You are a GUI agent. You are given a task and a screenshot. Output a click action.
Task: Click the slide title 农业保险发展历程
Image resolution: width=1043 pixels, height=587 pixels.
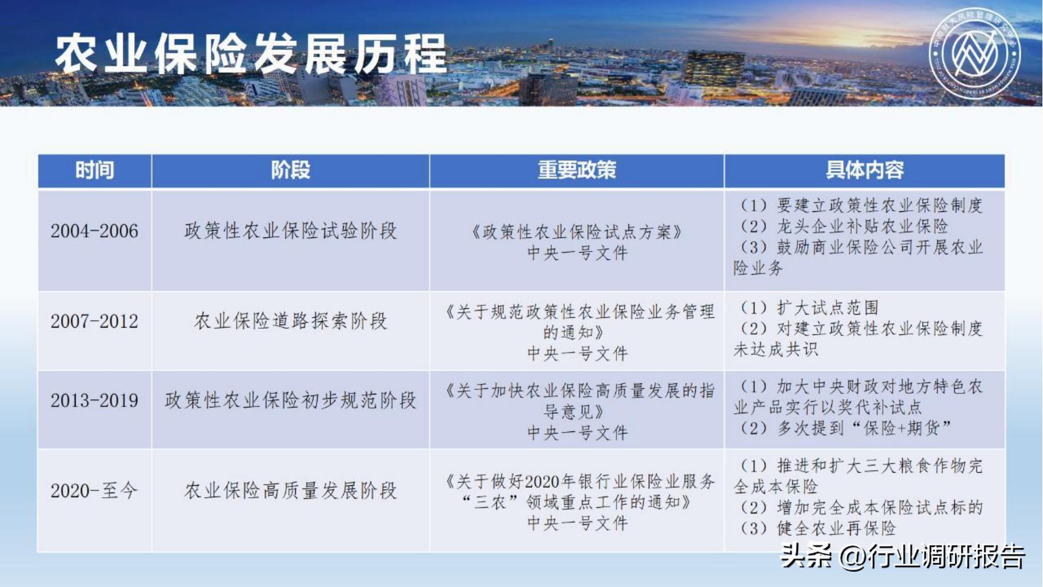pos(251,54)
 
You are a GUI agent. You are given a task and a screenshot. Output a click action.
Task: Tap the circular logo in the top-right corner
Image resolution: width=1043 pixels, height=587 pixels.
pos(974,53)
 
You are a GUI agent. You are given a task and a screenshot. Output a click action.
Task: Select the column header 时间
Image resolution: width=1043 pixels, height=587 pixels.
pos(94,171)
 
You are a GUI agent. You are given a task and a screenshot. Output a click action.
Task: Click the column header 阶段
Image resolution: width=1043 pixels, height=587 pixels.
pos(290,171)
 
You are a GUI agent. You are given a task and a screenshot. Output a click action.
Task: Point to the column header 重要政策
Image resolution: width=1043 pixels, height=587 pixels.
pos(577,171)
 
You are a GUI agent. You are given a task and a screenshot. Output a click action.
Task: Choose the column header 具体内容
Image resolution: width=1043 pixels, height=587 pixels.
pos(864,171)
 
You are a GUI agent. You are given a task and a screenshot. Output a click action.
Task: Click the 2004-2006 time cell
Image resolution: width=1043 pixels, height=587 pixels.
pos(94,231)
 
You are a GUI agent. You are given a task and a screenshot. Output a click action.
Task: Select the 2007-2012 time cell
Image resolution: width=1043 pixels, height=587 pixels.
pos(94,322)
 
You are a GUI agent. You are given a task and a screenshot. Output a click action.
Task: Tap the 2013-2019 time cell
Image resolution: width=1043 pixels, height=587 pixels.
pos(94,401)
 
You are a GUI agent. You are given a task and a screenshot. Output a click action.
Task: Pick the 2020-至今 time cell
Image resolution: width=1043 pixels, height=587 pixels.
pos(94,491)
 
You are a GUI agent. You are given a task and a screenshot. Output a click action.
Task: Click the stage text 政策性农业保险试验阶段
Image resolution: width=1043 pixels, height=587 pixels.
pos(290,231)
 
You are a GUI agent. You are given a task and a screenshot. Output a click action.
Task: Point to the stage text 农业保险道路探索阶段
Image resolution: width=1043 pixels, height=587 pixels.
pos(290,322)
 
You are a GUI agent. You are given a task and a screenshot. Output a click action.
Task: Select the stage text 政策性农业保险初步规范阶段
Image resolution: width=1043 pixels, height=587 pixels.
pos(290,401)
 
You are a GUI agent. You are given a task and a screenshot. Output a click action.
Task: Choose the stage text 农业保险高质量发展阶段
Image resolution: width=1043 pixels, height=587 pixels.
pos(290,491)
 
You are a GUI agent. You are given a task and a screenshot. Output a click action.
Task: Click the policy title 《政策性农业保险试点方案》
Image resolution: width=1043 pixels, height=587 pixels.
pos(577,232)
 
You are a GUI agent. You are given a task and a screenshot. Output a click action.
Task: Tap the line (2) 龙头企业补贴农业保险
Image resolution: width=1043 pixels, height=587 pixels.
pos(844,227)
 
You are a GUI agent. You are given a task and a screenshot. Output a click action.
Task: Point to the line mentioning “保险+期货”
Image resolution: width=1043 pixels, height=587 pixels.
pos(845,429)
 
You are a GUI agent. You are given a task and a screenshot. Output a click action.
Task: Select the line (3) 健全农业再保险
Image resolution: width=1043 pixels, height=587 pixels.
pos(818,529)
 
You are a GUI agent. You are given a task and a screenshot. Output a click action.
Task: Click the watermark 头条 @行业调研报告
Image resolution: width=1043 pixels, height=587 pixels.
pos(903,556)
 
